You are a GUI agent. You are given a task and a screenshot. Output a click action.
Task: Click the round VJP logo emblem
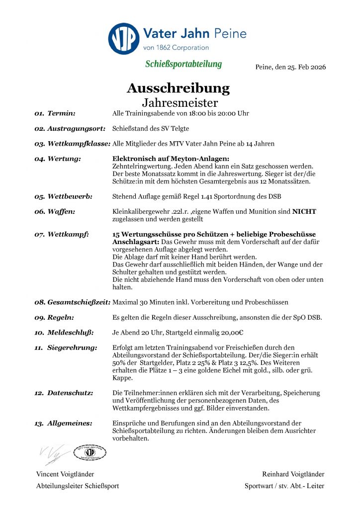click(124, 39)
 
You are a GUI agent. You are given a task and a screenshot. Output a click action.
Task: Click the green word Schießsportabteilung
click(183, 65)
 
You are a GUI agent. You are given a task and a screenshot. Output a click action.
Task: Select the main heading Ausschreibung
click(178, 88)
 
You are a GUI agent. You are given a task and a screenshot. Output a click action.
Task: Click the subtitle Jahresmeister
click(180, 103)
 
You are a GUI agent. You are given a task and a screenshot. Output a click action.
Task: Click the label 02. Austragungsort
click(70, 129)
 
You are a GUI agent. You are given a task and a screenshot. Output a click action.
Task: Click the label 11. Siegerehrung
click(66, 347)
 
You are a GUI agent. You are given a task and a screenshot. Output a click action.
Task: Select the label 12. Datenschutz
click(64, 393)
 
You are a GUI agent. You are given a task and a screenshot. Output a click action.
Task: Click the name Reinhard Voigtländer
click(293, 474)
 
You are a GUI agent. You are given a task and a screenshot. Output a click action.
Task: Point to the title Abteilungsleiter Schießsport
click(78, 486)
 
